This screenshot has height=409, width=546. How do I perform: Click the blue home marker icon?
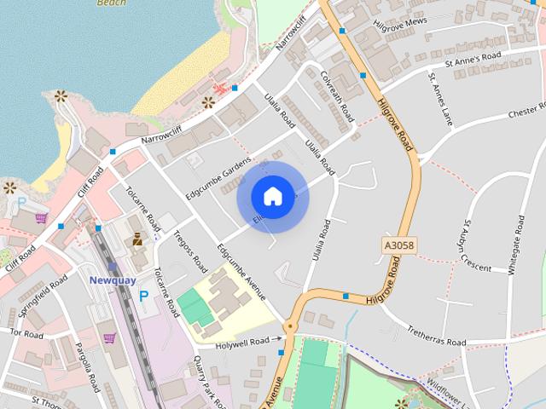272,196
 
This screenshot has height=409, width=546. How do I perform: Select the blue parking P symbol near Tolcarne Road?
144,296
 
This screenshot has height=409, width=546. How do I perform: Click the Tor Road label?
26,333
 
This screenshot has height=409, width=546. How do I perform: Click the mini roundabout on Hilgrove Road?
290,325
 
